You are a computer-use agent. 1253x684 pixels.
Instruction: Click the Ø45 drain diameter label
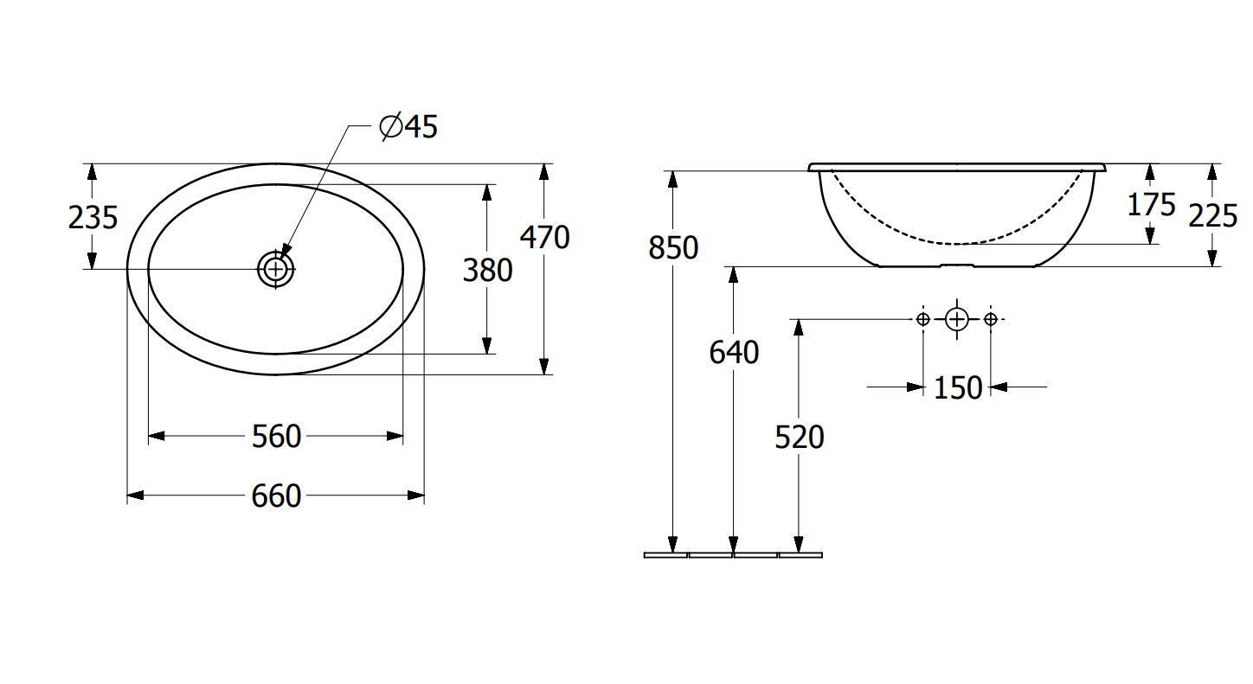408,127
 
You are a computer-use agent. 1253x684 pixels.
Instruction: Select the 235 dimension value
93,217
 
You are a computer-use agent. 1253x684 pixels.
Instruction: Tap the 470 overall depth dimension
545,238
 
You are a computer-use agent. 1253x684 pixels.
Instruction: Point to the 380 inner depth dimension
488,271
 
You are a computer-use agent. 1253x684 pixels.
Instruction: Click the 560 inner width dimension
276,437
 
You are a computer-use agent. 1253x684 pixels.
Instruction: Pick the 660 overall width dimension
276,495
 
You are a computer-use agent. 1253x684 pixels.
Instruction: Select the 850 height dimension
673,247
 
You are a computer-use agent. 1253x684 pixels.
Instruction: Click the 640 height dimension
734,353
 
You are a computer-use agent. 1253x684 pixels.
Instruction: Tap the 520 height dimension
800,437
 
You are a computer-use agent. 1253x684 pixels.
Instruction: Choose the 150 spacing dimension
958,387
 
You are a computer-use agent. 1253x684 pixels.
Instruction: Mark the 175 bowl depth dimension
1151,205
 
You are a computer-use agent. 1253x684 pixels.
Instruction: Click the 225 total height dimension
1212,215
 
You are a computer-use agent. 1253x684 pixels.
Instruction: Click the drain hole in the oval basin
276,269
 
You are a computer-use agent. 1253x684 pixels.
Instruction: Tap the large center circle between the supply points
956,319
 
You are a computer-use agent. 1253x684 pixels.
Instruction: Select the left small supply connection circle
923,319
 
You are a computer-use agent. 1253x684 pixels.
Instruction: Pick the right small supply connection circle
991,319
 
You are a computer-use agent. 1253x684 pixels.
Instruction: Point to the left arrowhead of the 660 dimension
135,495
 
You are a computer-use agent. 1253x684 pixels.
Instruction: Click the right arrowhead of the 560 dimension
395,436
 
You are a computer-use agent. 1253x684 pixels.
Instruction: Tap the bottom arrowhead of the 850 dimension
673,545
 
